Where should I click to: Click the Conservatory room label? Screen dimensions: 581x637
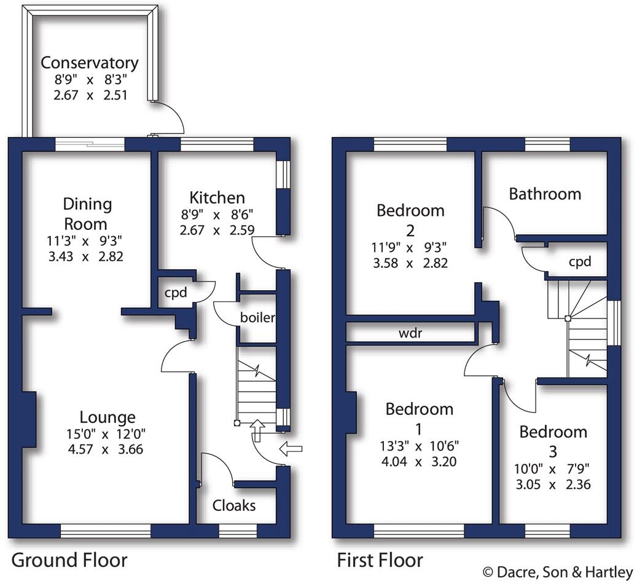click(x=90, y=63)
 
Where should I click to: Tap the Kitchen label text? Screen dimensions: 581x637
click(x=217, y=197)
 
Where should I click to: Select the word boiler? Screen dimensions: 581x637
click(x=257, y=318)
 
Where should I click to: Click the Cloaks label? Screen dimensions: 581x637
click(x=233, y=505)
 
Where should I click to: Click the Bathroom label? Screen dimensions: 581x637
click(x=545, y=194)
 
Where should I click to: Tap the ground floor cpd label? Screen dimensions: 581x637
click(x=175, y=292)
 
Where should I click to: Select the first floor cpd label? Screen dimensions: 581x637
click(x=579, y=262)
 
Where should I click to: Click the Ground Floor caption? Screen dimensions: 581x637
click(x=69, y=560)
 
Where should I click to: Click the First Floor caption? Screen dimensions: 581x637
click(x=380, y=560)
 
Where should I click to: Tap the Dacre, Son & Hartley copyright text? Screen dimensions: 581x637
click(x=557, y=572)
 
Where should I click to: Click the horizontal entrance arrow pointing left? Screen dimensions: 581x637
click(x=291, y=449)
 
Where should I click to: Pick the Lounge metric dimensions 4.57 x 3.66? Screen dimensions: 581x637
click(x=107, y=449)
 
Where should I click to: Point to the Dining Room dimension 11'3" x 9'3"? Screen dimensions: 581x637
click(x=87, y=240)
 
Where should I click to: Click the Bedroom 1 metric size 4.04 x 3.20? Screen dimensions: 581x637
click(x=419, y=461)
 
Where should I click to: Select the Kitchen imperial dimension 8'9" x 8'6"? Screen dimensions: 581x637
click(x=217, y=215)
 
